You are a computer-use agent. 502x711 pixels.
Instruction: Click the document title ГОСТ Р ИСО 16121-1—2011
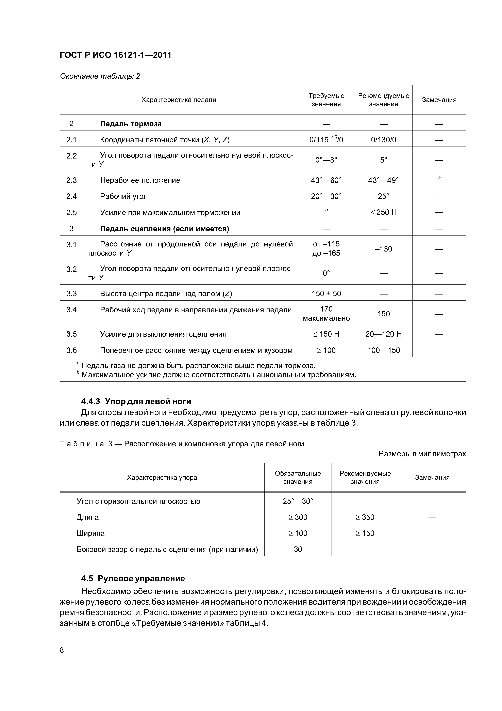coord(115,55)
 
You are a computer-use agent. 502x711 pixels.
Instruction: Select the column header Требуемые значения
coord(326,100)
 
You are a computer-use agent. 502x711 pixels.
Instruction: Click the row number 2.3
coord(71,180)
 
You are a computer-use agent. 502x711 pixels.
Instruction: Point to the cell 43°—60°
coord(326,180)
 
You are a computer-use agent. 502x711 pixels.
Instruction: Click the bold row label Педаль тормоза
coord(131,124)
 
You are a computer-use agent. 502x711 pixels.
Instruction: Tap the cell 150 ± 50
coord(326,293)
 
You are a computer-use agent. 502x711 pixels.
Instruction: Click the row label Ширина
coord(91,533)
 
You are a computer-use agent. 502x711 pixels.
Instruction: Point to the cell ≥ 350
coord(365,517)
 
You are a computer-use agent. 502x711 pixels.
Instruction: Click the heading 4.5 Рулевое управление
coord(133,578)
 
